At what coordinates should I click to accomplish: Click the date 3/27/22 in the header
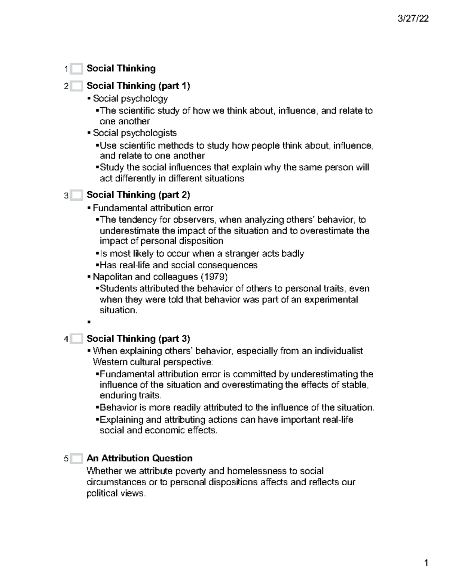point(413,19)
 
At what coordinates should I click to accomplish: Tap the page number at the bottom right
point(426,563)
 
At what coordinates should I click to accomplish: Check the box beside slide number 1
point(76,69)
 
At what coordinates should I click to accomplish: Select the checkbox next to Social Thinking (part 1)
point(76,86)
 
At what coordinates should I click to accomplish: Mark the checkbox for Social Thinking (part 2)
point(76,195)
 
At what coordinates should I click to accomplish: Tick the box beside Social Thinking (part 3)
point(76,339)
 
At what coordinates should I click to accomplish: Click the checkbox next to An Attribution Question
point(76,458)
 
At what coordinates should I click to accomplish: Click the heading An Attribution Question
point(139,458)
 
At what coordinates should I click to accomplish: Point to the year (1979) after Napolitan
point(214,277)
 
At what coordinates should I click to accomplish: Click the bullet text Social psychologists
point(135,133)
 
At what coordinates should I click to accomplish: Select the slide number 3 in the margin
point(66,196)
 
